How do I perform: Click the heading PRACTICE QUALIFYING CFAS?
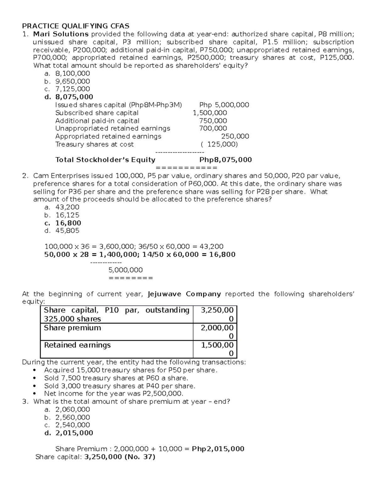coord(75,26)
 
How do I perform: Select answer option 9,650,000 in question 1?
coord(73,81)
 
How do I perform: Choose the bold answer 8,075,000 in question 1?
coord(74,97)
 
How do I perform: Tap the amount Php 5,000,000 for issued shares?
coord(224,105)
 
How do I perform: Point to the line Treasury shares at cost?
coord(94,144)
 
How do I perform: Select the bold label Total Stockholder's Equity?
coord(105,160)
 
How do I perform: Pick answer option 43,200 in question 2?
coord(67,207)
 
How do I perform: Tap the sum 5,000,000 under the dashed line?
coord(125,270)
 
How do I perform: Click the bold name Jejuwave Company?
coord(184,294)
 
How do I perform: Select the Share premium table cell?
coord(73,328)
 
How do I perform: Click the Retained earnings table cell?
coord(77,345)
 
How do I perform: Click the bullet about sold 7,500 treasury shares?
coord(116,378)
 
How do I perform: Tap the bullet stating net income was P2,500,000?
coord(113,394)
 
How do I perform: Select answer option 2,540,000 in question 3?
coord(73,425)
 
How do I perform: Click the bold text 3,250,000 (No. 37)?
coord(120,457)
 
